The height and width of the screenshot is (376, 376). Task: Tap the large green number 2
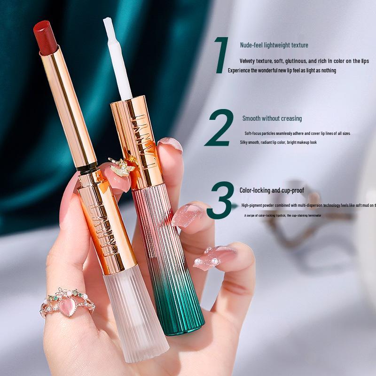coord(219,128)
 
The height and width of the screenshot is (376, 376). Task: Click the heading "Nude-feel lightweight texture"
coord(274,45)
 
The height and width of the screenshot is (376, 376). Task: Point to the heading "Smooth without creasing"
coord(272,118)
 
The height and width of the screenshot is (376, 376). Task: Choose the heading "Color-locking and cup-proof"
coord(272,190)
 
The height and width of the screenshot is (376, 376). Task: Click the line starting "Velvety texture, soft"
coord(304,61)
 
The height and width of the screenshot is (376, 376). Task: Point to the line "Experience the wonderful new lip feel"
coord(282,70)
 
